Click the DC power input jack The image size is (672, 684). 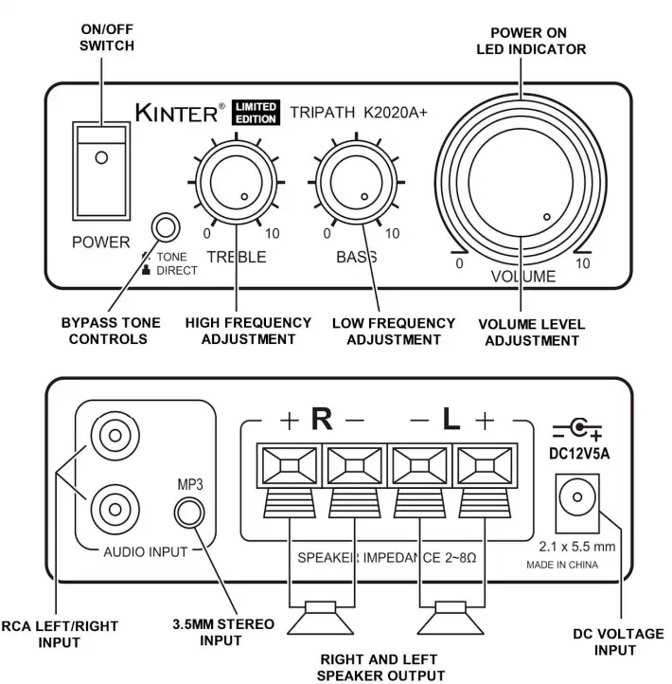pyautogui.click(x=575, y=498)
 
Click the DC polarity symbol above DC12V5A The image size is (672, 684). pyautogui.click(x=576, y=429)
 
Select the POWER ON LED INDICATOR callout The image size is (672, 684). pyautogui.click(x=531, y=40)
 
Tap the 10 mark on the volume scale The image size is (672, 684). pyautogui.click(x=582, y=264)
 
